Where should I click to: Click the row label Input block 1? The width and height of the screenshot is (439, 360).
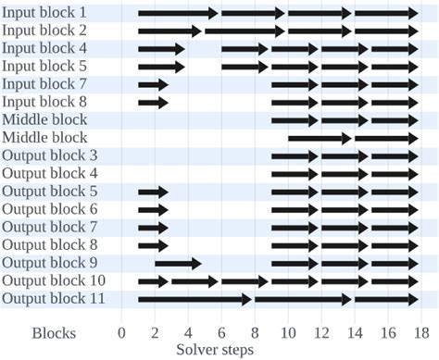click(44, 13)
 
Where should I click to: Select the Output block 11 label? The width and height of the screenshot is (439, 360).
click(53, 298)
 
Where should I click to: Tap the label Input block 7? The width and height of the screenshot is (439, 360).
click(44, 84)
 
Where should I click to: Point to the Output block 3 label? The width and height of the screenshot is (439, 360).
click(49, 155)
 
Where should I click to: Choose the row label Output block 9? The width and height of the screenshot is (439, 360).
click(49, 262)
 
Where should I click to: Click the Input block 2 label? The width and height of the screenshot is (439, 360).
click(44, 31)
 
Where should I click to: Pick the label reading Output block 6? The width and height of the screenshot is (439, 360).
click(49, 209)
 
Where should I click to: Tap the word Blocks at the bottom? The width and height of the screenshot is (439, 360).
click(55, 332)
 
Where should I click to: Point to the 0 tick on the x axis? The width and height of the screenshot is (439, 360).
click(121, 332)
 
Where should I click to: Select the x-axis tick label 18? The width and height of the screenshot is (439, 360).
click(421, 332)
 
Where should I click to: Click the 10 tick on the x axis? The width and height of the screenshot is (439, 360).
click(288, 332)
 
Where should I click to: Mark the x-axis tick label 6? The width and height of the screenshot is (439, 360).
click(221, 332)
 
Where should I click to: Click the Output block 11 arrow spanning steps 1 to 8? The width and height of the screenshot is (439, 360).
click(194, 298)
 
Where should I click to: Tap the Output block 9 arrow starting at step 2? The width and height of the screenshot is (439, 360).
click(178, 262)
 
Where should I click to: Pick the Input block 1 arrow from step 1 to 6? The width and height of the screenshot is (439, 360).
click(178, 13)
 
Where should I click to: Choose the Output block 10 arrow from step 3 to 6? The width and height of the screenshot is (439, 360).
click(194, 280)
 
